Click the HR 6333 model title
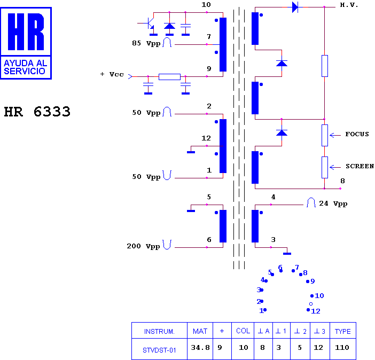point(37,112)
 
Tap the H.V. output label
point(349,5)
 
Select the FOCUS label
point(357,134)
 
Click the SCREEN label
point(360,166)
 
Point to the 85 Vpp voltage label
point(146,43)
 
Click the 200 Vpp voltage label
point(143,246)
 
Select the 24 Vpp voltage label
point(333,204)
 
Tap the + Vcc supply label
point(112,74)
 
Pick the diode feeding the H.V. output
point(295,7)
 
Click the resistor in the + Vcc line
point(169,77)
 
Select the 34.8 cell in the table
point(200,347)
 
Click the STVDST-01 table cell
point(159,350)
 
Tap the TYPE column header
point(343,331)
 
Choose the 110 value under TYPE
point(342,347)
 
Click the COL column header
point(243,331)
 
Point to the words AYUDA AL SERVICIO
point(26,67)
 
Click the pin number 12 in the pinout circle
point(316,311)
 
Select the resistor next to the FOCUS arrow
point(325,135)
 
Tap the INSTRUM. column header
point(159,331)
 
